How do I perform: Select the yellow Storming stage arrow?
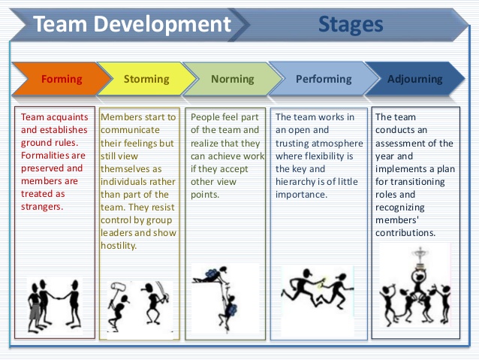[146, 79]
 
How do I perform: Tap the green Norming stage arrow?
[233, 79]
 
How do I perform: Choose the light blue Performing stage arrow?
[323, 79]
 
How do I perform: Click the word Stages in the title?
[351, 24]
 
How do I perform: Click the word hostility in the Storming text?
[119, 246]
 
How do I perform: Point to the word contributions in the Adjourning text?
[405, 232]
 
